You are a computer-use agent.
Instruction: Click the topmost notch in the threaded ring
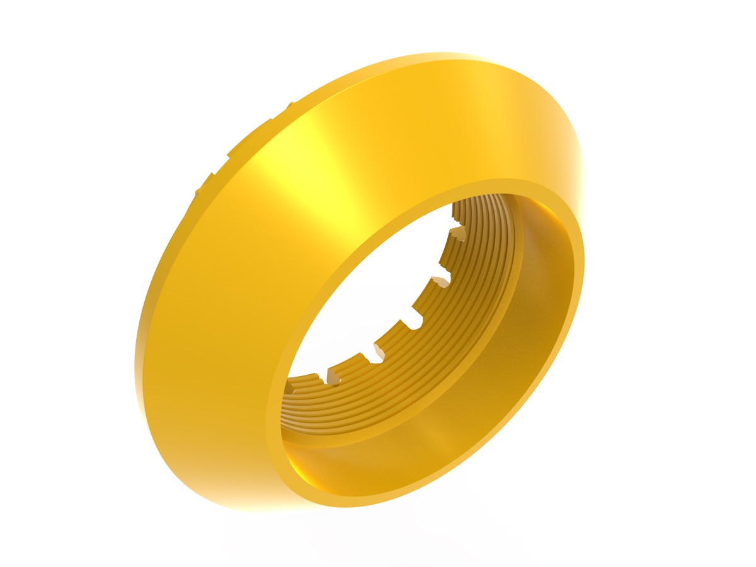click(x=459, y=232)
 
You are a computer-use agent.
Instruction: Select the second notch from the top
click(x=443, y=278)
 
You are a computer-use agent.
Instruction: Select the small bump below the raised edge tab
click(x=201, y=188)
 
